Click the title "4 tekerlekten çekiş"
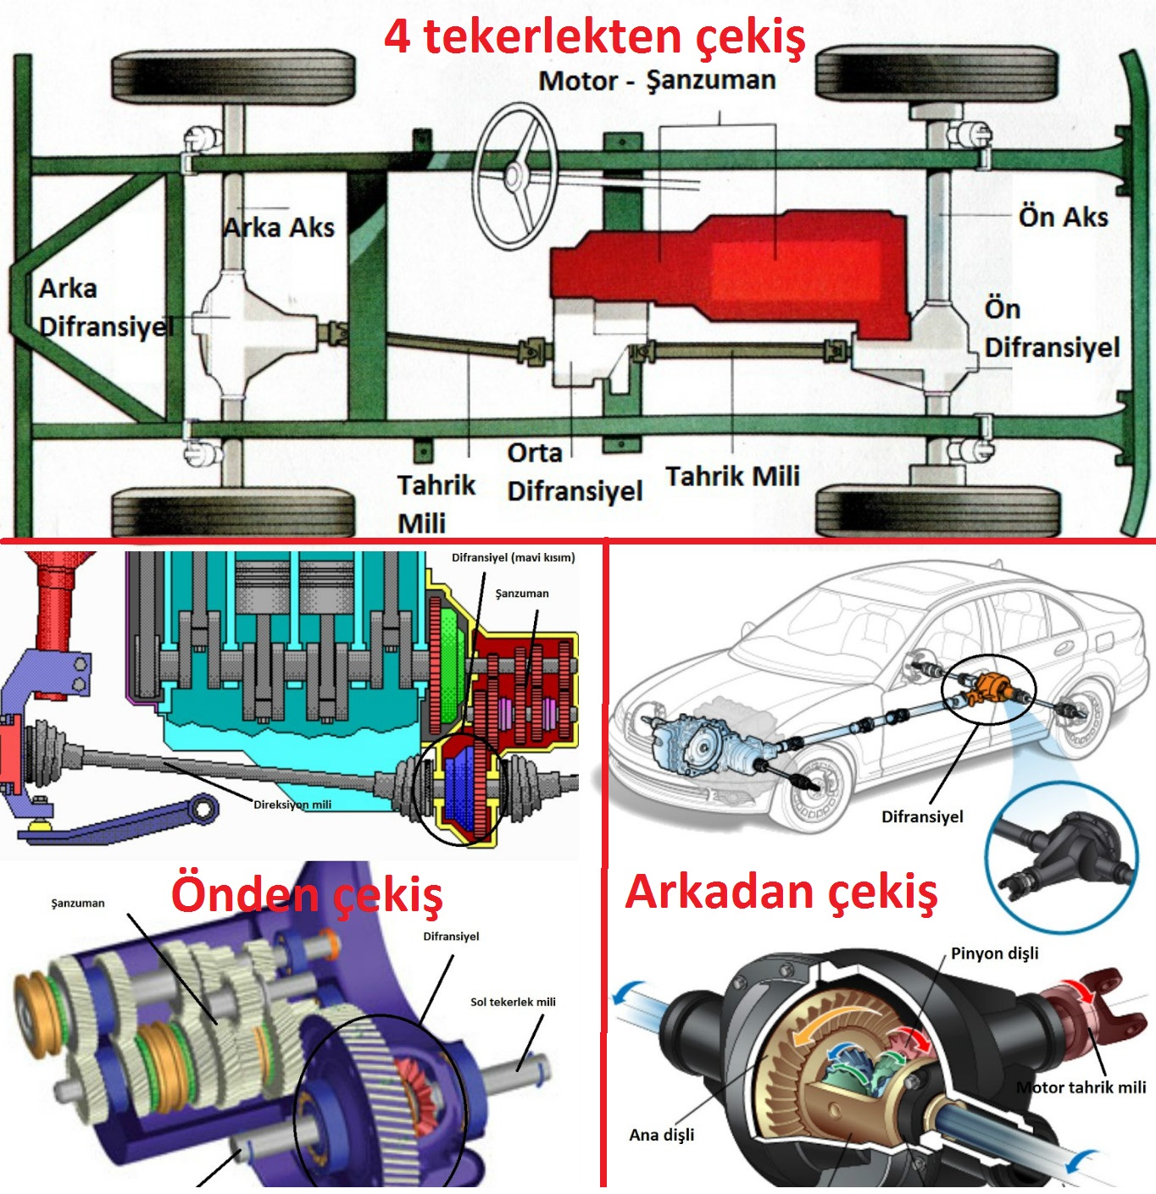click(x=594, y=37)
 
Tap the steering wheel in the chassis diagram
click(x=514, y=176)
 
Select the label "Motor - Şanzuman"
click(x=657, y=81)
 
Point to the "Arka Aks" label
click(x=279, y=228)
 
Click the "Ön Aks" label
click(x=1063, y=217)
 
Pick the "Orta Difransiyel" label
click(x=574, y=472)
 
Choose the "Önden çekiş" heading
click(x=307, y=895)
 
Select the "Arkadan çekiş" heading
click(x=781, y=893)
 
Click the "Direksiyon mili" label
click(x=292, y=804)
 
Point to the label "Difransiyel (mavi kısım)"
click(x=513, y=557)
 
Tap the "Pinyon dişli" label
click(x=994, y=954)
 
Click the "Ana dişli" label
click(x=661, y=1135)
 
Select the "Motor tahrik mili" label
click(x=1081, y=1087)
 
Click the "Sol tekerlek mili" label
click(x=513, y=1002)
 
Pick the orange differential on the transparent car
click(x=984, y=687)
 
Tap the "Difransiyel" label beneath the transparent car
click(x=922, y=817)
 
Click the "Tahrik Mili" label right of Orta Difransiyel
click(x=732, y=476)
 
